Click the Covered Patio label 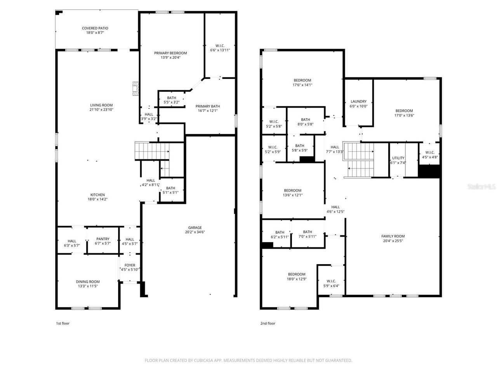pos(95,28)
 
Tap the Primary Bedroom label pos(170,53)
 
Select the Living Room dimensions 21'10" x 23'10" pos(101,110)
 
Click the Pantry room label pos(103,239)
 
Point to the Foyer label pos(130,265)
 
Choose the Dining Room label pos(88,282)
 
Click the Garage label pos(195,228)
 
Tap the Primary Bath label pos(208,106)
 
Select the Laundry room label pos(358,101)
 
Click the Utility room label pos(398,158)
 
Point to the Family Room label pos(393,236)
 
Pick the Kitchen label pos(98,195)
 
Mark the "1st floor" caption pos(63,323)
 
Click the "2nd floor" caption pos(268,323)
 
